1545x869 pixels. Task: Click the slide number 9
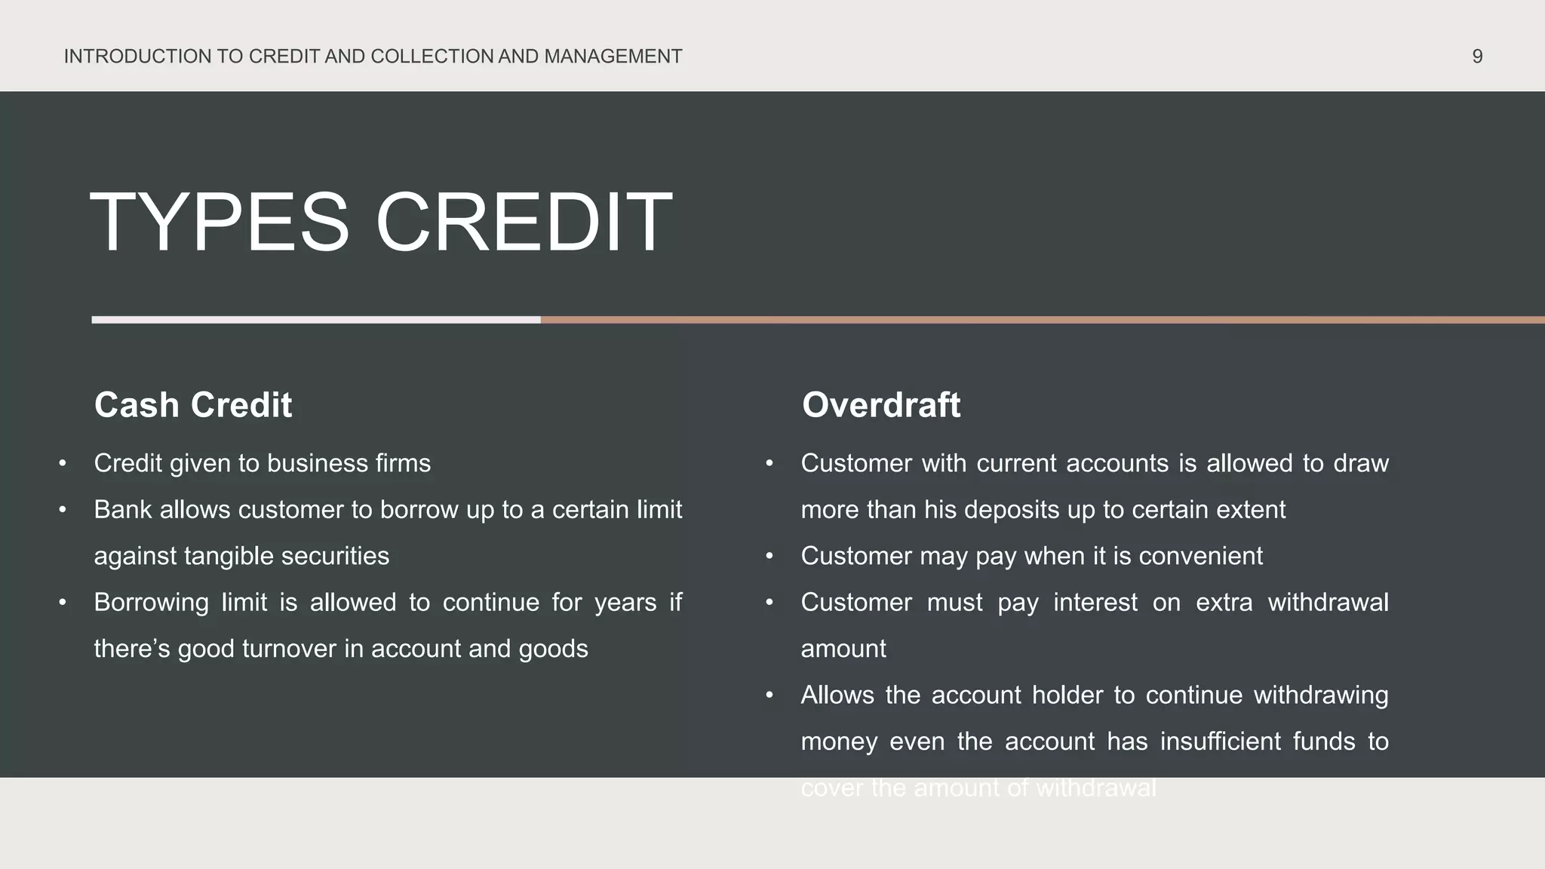tap(1477, 57)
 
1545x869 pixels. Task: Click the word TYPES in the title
tap(220, 223)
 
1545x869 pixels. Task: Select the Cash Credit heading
tap(193, 405)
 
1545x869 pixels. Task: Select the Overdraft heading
tap(881, 405)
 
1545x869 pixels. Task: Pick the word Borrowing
tap(151, 603)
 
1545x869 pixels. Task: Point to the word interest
tap(1095, 603)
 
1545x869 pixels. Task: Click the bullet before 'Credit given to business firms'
tap(63, 463)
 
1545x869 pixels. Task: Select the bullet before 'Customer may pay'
tap(769, 556)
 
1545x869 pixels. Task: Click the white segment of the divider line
tap(316, 320)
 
